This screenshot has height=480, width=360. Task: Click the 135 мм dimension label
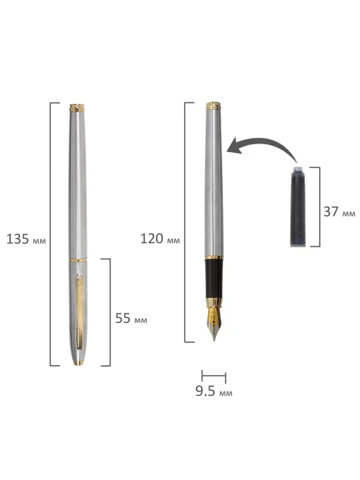click(x=26, y=239)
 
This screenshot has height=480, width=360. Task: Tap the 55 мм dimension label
click(x=131, y=319)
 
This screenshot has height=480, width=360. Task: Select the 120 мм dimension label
click(x=160, y=239)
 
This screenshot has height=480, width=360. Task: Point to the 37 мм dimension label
click(x=339, y=212)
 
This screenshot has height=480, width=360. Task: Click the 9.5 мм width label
click(x=214, y=391)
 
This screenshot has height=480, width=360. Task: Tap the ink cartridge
click(x=298, y=207)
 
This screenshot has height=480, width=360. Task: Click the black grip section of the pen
click(x=214, y=278)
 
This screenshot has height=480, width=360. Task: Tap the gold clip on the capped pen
click(x=79, y=312)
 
